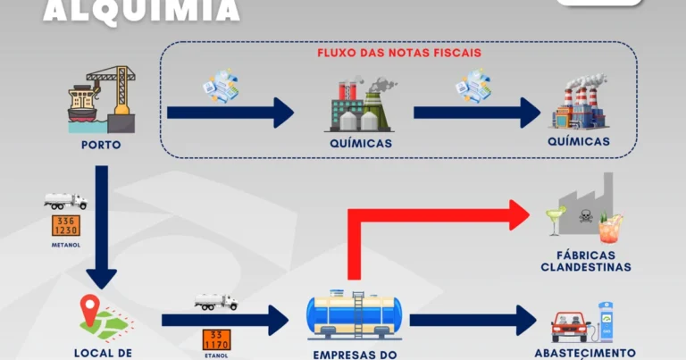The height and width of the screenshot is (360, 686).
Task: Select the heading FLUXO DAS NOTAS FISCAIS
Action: tap(399, 53)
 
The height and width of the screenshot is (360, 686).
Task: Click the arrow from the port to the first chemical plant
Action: tap(230, 113)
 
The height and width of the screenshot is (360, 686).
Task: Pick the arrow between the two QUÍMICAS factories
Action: tap(477, 113)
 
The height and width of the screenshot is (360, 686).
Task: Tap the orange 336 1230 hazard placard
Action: tap(66, 226)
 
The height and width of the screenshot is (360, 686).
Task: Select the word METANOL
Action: tap(67, 245)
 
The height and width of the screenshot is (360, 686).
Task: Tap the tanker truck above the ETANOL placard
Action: tap(216, 302)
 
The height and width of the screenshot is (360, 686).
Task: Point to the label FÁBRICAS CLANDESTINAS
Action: tap(586, 260)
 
